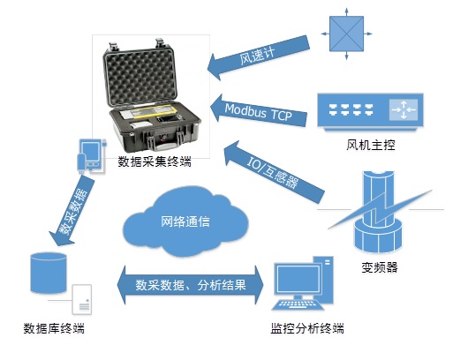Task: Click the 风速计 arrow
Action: point(259,57)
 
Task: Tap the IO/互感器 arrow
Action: point(274,172)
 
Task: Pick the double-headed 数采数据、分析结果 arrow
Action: point(191,285)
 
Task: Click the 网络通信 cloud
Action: point(185,221)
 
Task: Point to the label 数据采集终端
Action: point(155,161)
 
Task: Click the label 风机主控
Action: point(371,145)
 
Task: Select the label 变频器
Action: point(380,267)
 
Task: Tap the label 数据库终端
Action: point(54,328)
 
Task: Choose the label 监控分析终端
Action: point(307,328)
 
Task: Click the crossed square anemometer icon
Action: point(346,34)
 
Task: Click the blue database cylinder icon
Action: point(49,273)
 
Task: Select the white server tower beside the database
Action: point(82,299)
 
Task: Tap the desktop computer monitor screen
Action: point(298,280)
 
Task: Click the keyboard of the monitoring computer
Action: point(298,304)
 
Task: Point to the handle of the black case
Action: point(165,142)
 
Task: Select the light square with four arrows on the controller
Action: point(404,109)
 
